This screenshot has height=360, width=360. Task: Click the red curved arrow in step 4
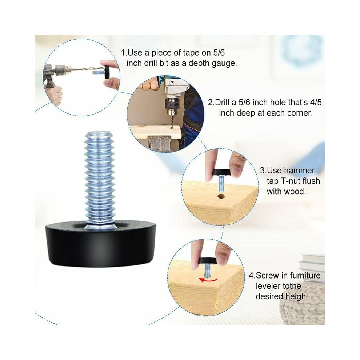208,280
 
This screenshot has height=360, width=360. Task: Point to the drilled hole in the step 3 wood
221,196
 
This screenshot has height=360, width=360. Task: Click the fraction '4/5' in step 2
316,102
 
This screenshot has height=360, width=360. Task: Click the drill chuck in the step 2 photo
172,106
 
